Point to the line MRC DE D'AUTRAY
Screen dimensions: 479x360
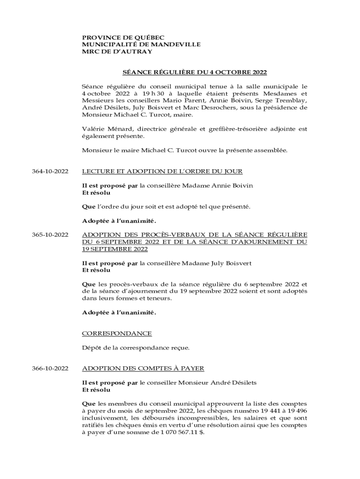(117, 51)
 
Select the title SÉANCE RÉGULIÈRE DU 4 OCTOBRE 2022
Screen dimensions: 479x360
(194, 73)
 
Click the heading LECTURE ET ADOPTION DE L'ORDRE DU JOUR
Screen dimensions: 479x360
(162, 172)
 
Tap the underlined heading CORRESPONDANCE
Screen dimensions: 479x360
(116, 333)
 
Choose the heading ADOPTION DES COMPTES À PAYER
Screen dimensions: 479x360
(143, 369)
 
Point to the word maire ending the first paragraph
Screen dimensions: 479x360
(182, 114)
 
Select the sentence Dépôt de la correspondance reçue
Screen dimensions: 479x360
(136, 348)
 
